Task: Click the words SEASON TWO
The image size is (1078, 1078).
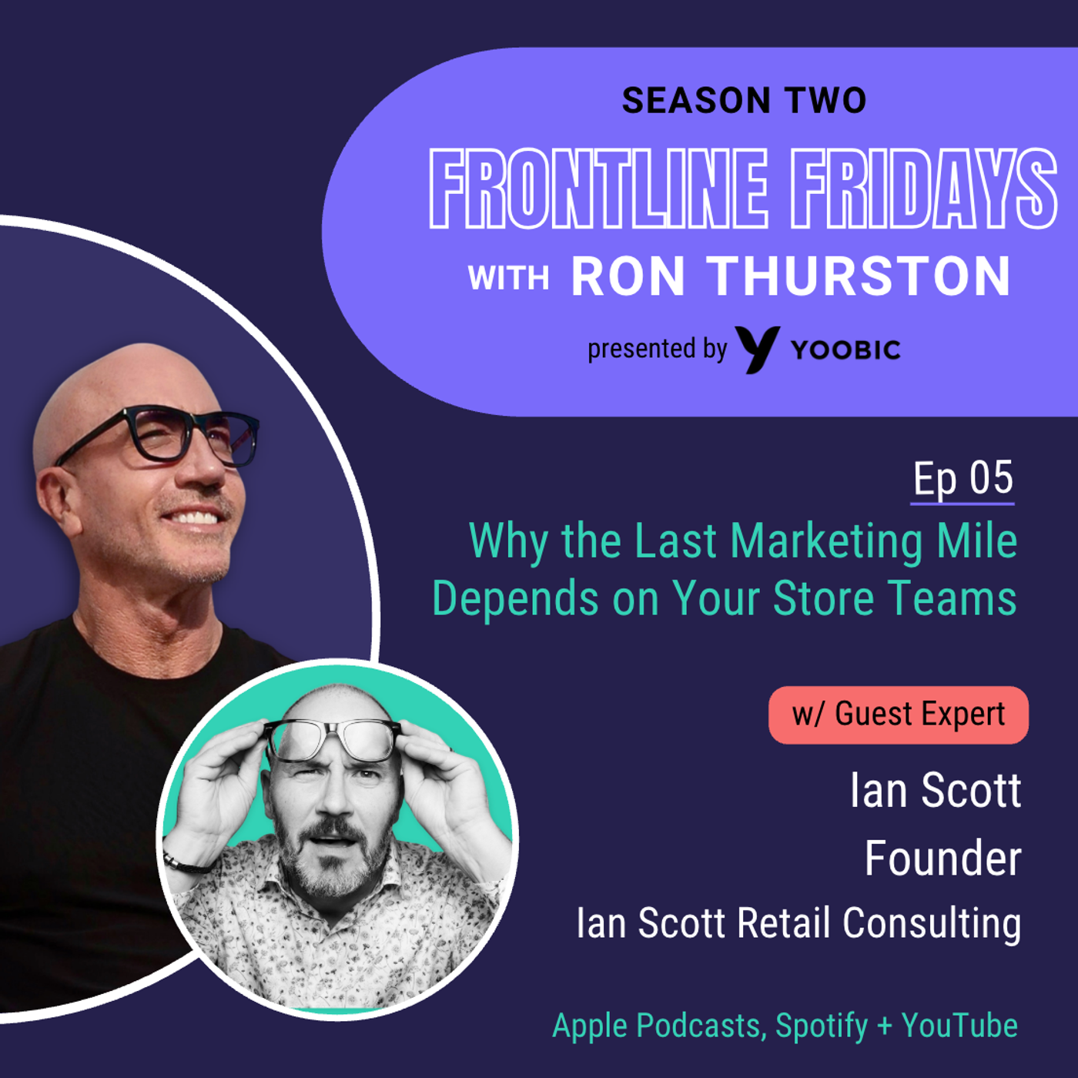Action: (x=744, y=101)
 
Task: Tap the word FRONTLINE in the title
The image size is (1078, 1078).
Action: (x=598, y=189)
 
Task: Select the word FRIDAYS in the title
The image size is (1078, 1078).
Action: (x=924, y=189)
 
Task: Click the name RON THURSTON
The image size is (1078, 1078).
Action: (x=791, y=276)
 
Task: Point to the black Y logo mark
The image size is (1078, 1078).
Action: (x=757, y=349)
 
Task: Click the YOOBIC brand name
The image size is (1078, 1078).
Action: (x=845, y=350)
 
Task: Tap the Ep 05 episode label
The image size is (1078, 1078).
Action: (x=962, y=479)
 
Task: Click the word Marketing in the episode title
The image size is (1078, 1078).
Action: (x=827, y=541)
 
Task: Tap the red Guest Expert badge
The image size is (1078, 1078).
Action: (x=898, y=715)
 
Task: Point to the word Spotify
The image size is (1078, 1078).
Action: (x=822, y=1026)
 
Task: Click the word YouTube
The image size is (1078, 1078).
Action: (x=959, y=1026)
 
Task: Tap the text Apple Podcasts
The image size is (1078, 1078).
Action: (x=658, y=1026)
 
